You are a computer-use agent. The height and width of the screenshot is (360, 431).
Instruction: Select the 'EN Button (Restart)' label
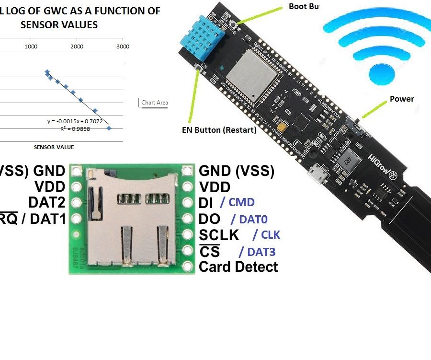click(x=219, y=130)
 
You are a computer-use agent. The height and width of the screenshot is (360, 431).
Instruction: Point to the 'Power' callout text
click(x=401, y=99)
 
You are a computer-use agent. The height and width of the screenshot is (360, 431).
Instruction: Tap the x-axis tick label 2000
click(x=77, y=46)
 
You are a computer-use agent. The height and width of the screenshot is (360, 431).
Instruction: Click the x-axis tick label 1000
click(x=32, y=46)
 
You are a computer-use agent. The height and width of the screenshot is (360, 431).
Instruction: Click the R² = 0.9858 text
click(x=75, y=129)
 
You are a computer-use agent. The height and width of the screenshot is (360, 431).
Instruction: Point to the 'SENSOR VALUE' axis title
click(x=54, y=147)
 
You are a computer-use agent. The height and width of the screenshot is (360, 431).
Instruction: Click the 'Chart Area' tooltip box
click(x=154, y=103)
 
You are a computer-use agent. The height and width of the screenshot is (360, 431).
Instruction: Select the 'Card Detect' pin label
click(x=238, y=267)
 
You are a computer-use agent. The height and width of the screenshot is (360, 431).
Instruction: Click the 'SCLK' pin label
click(x=219, y=235)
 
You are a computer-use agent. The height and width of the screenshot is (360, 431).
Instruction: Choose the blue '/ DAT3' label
click(x=257, y=251)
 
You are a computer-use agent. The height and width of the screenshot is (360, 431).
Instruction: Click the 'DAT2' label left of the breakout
click(x=46, y=202)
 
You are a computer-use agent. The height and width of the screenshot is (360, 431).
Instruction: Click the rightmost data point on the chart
click(x=109, y=128)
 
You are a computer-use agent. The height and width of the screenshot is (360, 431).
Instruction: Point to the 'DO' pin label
click(x=209, y=219)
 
